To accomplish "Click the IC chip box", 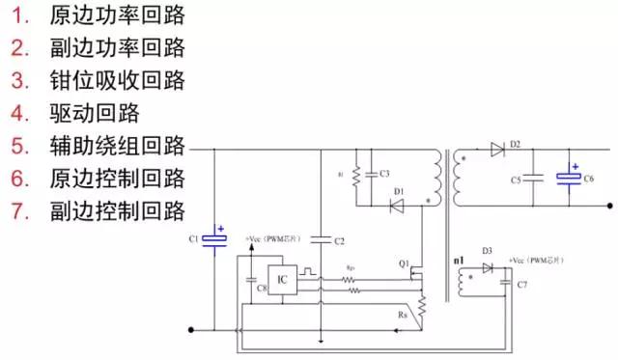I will click(x=282, y=279).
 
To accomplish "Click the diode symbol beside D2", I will click(x=498, y=150).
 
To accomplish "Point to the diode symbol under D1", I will click(x=398, y=205).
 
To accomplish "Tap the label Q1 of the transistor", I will click(x=404, y=263).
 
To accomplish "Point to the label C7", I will click(x=522, y=286).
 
